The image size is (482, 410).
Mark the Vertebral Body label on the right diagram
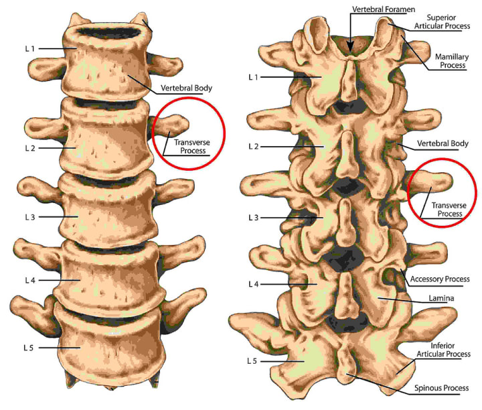click(x=443, y=143)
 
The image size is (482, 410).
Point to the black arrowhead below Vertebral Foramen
click(x=351, y=47)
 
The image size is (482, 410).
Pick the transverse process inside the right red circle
click(x=432, y=182)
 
